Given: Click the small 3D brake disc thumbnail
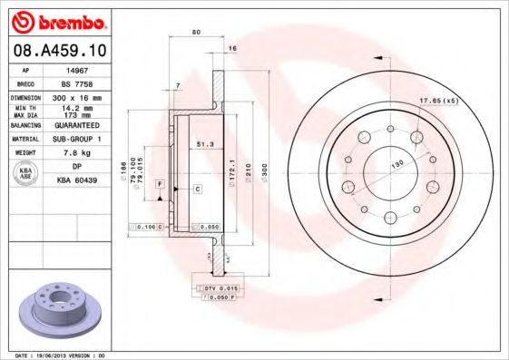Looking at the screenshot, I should pos(60,309).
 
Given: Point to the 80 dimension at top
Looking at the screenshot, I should pos(197,33).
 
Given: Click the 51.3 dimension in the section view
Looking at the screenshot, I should pos(204,144).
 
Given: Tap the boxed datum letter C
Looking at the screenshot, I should pos(197,188).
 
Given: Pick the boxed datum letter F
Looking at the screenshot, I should pos(159,184).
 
